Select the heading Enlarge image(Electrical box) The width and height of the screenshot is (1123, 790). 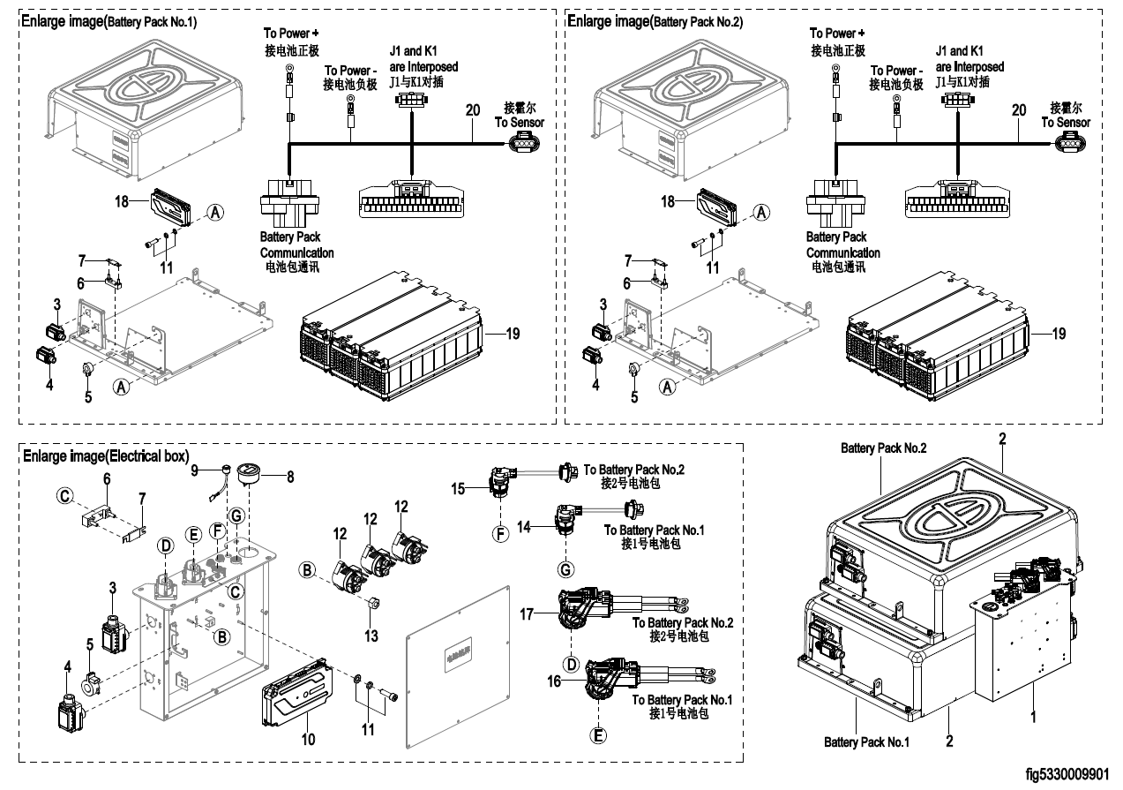pyautogui.click(x=106, y=456)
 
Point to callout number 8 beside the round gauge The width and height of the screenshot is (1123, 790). pyautogui.click(x=290, y=477)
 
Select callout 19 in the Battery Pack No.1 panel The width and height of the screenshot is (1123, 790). pyautogui.click(x=513, y=334)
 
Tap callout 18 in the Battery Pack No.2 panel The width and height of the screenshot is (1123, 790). pyautogui.click(x=669, y=201)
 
